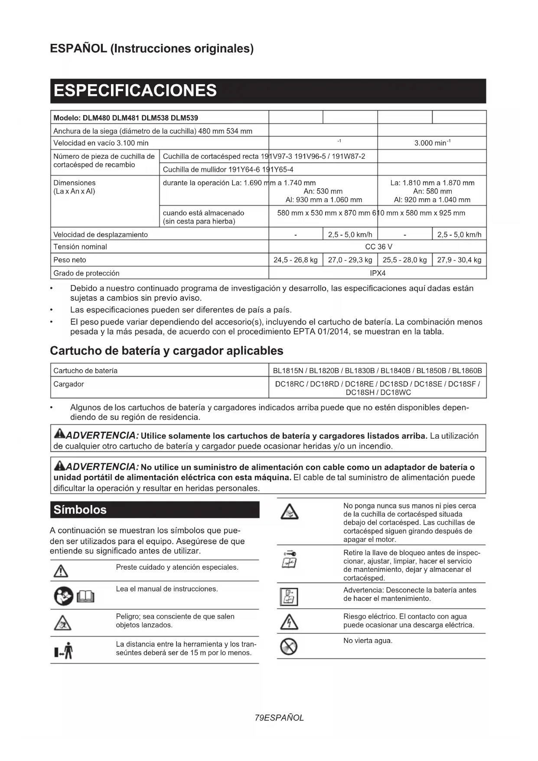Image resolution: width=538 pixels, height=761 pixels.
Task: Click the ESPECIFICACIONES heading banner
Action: (x=268, y=91)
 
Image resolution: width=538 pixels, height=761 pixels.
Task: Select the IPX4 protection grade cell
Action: (x=378, y=273)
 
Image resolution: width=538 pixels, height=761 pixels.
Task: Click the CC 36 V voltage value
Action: (x=378, y=246)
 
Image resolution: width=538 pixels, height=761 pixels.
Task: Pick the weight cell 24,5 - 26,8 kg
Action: (x=295, y=260)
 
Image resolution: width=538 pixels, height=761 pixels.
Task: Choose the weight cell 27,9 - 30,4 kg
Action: (x=459, y=260)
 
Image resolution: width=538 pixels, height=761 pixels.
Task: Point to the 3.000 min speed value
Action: (x=432, y=143)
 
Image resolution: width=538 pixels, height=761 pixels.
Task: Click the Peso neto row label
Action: (x=70, y=260)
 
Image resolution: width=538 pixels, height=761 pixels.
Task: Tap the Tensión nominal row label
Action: (x=80, y=246)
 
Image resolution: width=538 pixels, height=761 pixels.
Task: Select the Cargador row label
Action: (x=68, y=384)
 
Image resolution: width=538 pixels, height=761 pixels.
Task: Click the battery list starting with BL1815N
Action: (x=377, y=371)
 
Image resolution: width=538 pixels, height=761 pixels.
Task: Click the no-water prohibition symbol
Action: (x=289, y=646)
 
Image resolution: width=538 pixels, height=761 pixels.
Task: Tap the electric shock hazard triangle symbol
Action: (x=289, y=622)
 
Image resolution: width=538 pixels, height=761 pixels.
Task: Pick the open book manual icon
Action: (x=85, y=597)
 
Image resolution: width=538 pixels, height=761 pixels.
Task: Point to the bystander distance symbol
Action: (x=64, y=650)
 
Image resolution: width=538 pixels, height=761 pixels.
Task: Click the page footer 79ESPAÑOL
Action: (x=279, y=718)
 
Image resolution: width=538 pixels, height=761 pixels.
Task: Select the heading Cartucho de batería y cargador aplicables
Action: (x=166, y=351)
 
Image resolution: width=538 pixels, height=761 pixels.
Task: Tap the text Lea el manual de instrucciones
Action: (x=167, y=589)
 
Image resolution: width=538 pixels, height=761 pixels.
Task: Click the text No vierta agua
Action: (x=368, y=640)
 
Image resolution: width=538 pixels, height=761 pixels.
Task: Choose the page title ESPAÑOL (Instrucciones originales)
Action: (x=152, y=48)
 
